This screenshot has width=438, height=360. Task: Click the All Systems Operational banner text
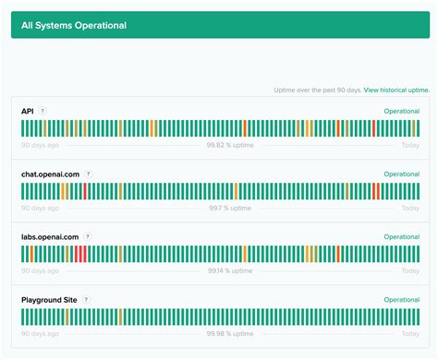coord(74,25)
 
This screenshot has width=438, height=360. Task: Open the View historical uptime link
coord(396,90)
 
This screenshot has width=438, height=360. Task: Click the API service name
coord(28,111)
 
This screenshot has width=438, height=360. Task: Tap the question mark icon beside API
coord(43,111)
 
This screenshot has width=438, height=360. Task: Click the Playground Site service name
coord(49,300)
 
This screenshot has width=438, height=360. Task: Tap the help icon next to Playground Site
coord(86,300)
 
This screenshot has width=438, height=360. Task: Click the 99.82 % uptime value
coord(229,146)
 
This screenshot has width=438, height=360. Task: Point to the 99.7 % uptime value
coord(229,209)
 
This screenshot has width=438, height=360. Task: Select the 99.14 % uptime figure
coord(229,271)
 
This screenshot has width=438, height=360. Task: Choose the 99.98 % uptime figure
coord(229,334)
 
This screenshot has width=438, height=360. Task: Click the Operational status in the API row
coord(401,111)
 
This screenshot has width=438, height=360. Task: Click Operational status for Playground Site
coord(401,300)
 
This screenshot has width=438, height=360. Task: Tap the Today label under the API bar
coord(410,146)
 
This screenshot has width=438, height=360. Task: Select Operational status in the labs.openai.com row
coord(401,236)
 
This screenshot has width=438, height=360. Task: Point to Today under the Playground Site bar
coord(410,334)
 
